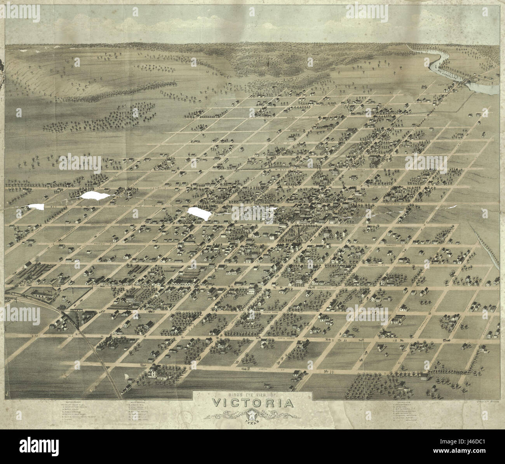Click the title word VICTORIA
(252, 403)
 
